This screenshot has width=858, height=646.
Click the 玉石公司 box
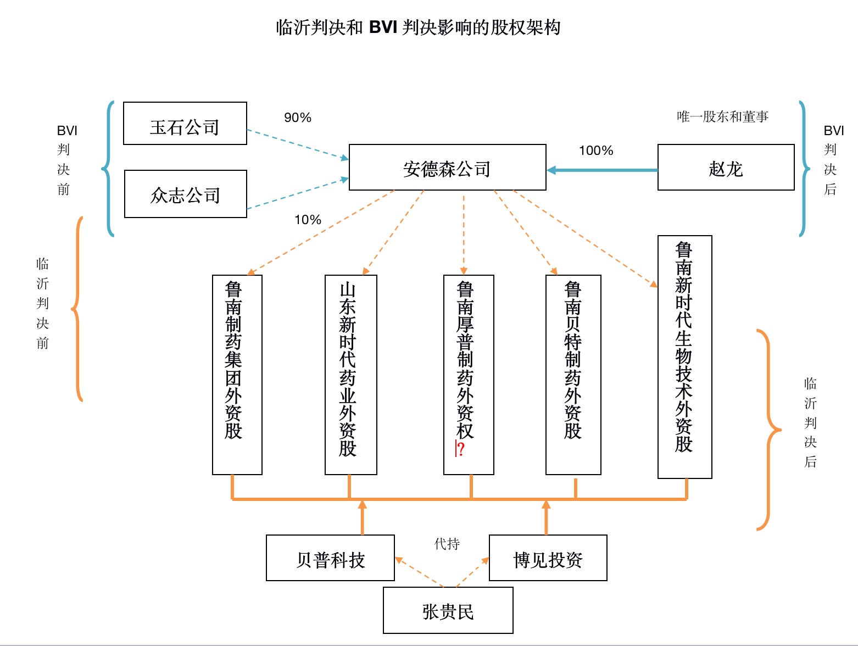point(185,124)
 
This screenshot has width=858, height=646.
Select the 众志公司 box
point(186,194)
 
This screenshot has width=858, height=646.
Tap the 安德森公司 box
point(448,167)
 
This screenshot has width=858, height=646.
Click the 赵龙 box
point(726,167)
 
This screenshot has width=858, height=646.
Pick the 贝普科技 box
point(330,558)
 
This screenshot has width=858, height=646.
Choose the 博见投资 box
point(548,558)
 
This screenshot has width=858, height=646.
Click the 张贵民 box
point(448,610)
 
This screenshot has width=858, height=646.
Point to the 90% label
point(298,117)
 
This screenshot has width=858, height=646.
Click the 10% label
point(308,220)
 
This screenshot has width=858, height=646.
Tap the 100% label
point(596,151)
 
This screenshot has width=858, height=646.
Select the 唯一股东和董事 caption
point(722,116)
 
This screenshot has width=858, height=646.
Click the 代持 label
point(447,543)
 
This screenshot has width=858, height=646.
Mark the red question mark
point(461,449)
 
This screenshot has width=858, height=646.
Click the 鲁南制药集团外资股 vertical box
point(237,375)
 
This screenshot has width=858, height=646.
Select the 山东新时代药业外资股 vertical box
point(351,375)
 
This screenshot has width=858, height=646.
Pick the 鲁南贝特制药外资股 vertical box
point(573,375)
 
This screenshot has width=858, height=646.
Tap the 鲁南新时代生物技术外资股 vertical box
point(685,357)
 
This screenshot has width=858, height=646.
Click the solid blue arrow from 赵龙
point(602,170)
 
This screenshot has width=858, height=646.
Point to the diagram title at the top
point(418,27)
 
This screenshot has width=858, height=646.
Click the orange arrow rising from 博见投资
point(546,517)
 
